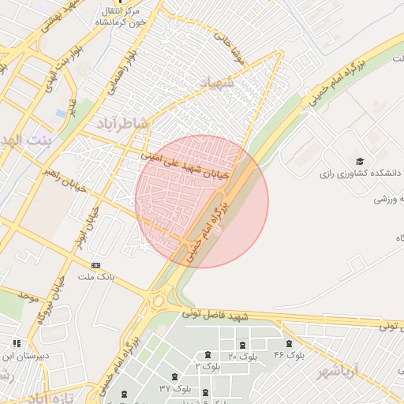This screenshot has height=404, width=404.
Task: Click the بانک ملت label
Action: tap(96, 278)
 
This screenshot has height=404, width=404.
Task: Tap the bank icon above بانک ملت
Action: tap(96, 265)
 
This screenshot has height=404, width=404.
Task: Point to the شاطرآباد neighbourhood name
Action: tap(122, 123)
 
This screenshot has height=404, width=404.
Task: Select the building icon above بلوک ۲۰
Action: tap(241, 345)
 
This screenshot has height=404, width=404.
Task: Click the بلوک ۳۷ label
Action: tap(175, 389)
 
